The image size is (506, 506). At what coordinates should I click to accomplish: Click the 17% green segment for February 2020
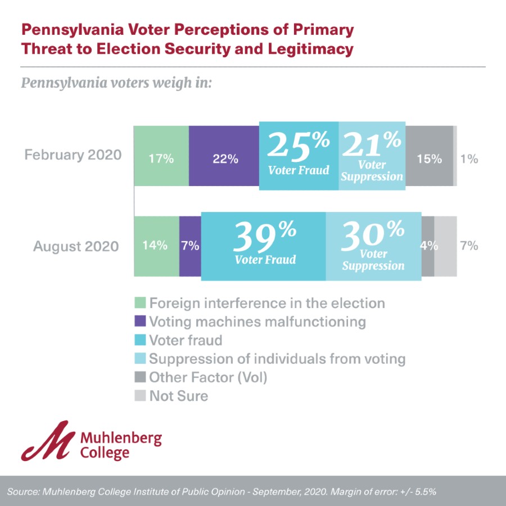point(161,157)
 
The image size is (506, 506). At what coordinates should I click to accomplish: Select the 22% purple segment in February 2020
point(224,157)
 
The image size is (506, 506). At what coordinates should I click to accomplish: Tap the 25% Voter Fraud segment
point(299,155)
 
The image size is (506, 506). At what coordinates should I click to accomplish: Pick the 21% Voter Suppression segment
point(372,156)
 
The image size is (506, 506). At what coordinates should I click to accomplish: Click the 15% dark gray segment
point(429,157)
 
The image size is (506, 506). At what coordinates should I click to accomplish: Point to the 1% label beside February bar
point(469,159)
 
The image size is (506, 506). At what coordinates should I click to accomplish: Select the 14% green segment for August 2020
point(156,246)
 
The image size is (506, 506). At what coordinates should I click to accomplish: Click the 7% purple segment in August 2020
point(190,246)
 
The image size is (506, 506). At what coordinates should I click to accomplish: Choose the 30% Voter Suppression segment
point(373,246)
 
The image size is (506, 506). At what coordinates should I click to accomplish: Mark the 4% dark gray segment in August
point(428,246)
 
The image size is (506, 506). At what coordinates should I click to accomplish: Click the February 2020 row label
point(73,155)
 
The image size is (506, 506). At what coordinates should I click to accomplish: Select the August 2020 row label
point(76,246)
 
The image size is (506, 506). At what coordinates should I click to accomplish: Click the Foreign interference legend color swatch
point(140,303)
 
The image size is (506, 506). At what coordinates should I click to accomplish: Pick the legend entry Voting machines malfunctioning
point(257,322)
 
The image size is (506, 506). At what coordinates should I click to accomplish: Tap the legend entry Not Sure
point(178,396)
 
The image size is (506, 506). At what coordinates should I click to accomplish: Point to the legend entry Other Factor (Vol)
point(208,377)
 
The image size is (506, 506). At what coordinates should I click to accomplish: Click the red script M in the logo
point(47,440)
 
